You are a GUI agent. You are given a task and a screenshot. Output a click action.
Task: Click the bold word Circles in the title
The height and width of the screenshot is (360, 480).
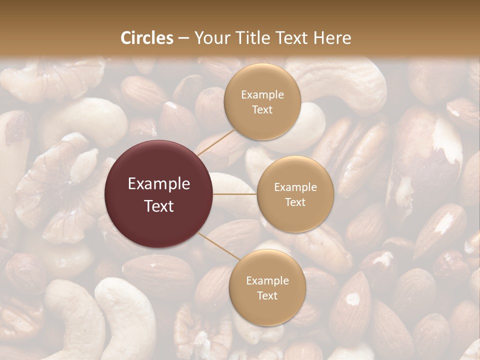point(146,38)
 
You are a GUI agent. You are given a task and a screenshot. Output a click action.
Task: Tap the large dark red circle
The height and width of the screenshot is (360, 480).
point(159,194)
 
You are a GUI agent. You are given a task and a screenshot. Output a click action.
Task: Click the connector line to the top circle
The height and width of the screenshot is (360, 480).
point(215,141)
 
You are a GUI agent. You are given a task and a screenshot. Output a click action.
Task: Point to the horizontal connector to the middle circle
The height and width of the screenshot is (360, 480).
point(235,194)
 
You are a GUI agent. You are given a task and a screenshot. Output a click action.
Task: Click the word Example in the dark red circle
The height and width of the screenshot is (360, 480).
point(159,184)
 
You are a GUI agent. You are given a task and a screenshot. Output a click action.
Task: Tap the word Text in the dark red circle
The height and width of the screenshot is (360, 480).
point(159,205)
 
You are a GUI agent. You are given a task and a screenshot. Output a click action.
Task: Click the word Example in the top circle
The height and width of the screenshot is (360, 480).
point(262,95)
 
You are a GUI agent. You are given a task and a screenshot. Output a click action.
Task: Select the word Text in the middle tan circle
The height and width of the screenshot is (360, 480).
point(295,202)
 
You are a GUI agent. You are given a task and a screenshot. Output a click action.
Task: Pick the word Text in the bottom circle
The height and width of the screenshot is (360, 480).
point(267,295)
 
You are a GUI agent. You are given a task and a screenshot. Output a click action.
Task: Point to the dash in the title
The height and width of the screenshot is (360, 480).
point(183,38)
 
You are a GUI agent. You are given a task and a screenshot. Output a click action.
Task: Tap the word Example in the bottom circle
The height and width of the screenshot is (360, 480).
point(267,281)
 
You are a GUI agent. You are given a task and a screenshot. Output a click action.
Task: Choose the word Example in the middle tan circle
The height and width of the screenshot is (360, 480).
point(295,187)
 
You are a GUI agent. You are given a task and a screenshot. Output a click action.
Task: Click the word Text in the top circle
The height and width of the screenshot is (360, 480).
point(262,109)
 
